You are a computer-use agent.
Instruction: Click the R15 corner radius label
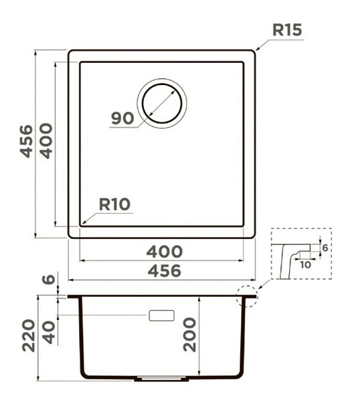[287, 30]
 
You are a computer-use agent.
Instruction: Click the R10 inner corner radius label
[115, 205]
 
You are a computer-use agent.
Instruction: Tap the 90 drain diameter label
[122, 118]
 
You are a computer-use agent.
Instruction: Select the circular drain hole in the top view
[162, 103]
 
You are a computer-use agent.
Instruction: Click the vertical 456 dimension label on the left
[26, 141]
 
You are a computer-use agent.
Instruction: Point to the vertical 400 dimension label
[46, 141]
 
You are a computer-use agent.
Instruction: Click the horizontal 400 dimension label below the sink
[164, 252]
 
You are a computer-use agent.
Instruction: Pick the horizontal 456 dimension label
[164, 271]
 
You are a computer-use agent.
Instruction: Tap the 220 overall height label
[28, 335]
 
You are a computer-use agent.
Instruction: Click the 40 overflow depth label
[49, 332]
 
